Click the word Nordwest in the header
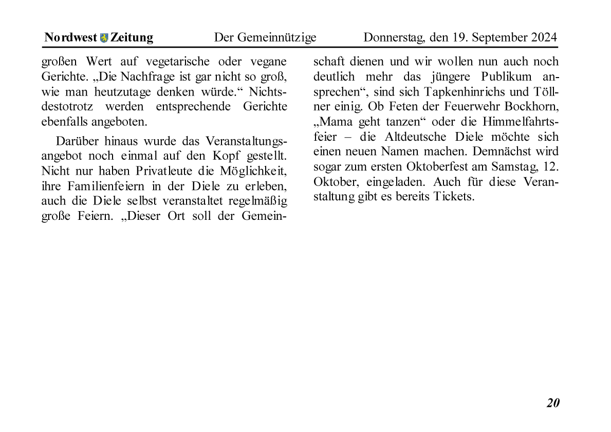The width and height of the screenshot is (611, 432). [70, 37]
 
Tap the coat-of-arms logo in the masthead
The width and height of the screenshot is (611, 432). [104, 37]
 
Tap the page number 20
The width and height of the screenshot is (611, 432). [552, 403]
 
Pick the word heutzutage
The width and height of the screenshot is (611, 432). [122, 92]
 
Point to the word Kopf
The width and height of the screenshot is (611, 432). [226, 155]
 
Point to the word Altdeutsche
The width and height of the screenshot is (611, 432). [416, 137]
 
